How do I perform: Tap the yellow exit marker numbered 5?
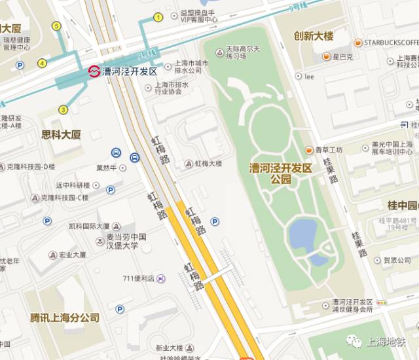coord(56,26)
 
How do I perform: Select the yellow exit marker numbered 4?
coord(42,63)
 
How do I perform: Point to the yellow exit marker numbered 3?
coord(63,109)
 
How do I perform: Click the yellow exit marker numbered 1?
coord(158,17)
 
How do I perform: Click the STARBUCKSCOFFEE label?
coord(392,43)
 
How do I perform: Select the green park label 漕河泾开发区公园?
coord(281,173)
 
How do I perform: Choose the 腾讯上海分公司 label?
coord(65,317)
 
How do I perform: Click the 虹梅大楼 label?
coord(208,164)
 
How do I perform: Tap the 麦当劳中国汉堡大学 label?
coord(126,242)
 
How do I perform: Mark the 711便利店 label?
coord(138,278)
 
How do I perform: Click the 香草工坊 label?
coord(329,150)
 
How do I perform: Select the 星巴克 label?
coord(342,57)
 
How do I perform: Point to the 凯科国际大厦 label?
coord(89,226)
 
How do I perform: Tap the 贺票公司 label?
coord(397,260)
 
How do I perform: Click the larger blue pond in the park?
coord(302,232)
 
